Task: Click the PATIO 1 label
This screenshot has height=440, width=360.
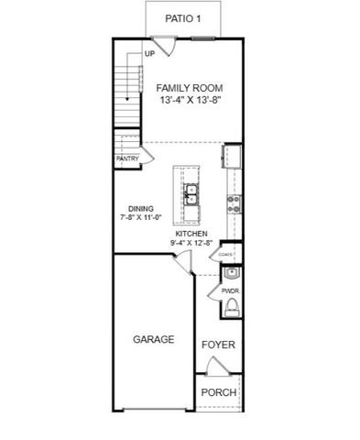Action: coord(182,17)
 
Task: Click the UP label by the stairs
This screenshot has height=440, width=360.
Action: coord(148,55)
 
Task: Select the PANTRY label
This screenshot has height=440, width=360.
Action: coord(127,159)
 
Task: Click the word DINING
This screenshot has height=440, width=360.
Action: coord(140,208)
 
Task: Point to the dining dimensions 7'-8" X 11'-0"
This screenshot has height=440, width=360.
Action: coord(140,219)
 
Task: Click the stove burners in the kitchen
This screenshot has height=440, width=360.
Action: coord(233,203)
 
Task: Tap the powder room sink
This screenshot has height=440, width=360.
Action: coord(232,272)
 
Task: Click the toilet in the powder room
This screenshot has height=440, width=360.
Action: coord(232,306)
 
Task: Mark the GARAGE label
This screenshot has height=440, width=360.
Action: coord(153,339)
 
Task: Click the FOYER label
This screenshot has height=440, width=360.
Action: coord(218,345)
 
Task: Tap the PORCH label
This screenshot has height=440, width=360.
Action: coord(219,392)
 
